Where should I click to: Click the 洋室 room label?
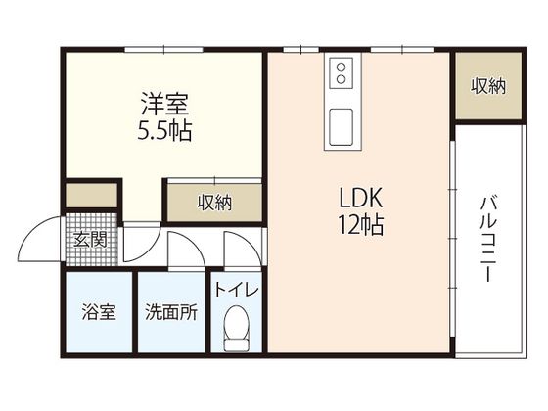point(164,104)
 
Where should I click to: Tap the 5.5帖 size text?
point(164,131)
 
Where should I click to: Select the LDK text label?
point(361,199)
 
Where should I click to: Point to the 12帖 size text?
point(361,225)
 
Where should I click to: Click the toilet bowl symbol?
point(236,323)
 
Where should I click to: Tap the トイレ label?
point(236,290)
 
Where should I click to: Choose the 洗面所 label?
point(171,312)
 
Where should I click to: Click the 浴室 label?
point(99,312)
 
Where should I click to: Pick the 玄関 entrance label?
point(90,240)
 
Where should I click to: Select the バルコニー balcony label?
point(488,239)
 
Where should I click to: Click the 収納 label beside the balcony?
point(488,86)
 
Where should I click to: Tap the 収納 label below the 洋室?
point(214,203)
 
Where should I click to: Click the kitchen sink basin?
point(342,126)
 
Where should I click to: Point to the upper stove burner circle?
point(342,68)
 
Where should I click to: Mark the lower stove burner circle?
point(342,79)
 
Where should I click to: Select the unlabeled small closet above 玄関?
point(92,195)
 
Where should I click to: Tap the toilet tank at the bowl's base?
point(236,345)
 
